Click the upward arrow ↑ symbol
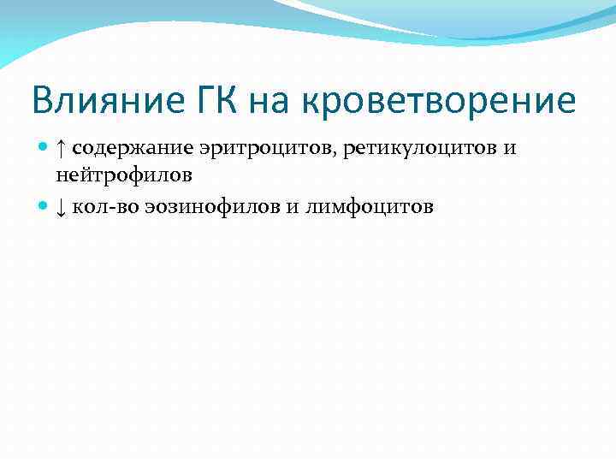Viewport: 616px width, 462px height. [x=61, y=150]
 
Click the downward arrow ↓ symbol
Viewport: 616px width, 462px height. [x=61, y=207]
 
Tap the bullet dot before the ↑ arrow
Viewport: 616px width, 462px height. [x=44, y=150]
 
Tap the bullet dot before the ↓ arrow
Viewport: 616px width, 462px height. [x=44, y=207]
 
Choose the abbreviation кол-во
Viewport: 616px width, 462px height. [x=101, y=207]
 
